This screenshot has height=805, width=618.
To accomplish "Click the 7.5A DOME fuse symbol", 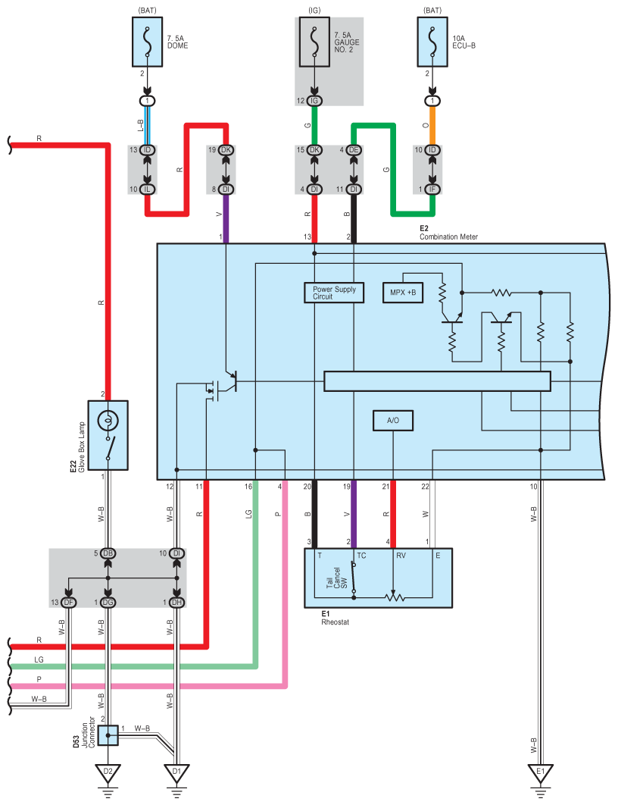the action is (148, 42).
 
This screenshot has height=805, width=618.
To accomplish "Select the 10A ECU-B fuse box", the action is (432, 42).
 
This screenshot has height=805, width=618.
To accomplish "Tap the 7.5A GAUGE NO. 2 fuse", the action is (314, 42).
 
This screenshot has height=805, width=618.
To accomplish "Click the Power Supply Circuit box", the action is (334, 293).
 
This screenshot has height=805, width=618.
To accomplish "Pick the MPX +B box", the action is (403, 293).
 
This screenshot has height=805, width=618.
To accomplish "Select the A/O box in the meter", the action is (393, 421).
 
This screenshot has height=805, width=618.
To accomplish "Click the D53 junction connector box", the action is (108, 735).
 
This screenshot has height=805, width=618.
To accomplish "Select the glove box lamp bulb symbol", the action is (108, 421).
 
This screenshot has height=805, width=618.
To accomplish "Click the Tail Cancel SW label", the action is (337, 578).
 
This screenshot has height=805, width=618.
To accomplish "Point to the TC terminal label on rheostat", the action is (361, 556).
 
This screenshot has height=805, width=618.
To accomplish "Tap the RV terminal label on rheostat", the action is (401, 556).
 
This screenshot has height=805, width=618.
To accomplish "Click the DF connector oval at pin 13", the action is (69, 602).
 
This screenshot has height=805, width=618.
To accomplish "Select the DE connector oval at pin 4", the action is (354, 150).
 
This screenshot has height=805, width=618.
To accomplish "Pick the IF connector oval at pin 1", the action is (432, 190).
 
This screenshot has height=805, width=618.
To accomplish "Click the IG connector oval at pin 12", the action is (314, 101).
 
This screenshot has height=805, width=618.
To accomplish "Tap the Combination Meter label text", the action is (449, 236).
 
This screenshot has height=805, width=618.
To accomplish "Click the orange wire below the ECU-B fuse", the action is (432, 125).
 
